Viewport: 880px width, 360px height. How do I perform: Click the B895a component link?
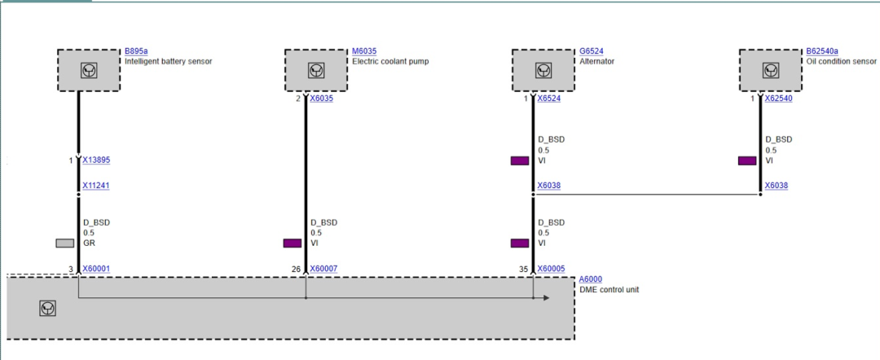(136, 51)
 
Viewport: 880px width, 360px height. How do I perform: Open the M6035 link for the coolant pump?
(364, 51)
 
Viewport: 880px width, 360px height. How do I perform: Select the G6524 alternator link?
(592, 51)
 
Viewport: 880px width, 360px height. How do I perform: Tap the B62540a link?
(822, 51)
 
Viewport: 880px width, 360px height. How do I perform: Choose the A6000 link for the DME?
(591, 279)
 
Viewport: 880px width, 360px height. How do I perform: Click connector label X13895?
(96, 160)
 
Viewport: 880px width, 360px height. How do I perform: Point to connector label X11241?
(96, 186)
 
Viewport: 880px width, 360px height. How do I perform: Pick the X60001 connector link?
(96, 269)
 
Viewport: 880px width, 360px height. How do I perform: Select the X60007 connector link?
(323, 269)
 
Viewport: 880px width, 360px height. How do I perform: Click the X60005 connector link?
(551, 269)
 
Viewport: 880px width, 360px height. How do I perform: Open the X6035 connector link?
(322, 99)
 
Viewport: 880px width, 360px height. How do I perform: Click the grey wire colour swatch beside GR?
(64, 244)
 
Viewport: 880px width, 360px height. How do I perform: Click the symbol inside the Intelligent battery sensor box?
(89, 71)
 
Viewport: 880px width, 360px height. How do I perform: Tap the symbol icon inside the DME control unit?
(48, 308)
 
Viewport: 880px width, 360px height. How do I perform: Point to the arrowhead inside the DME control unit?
(546, 298)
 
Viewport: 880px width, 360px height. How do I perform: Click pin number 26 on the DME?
(297, 269)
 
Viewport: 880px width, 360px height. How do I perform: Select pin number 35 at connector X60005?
(524, 269)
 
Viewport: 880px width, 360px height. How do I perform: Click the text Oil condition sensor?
(841, 61)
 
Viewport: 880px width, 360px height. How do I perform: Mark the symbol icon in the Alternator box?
(543, 71)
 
